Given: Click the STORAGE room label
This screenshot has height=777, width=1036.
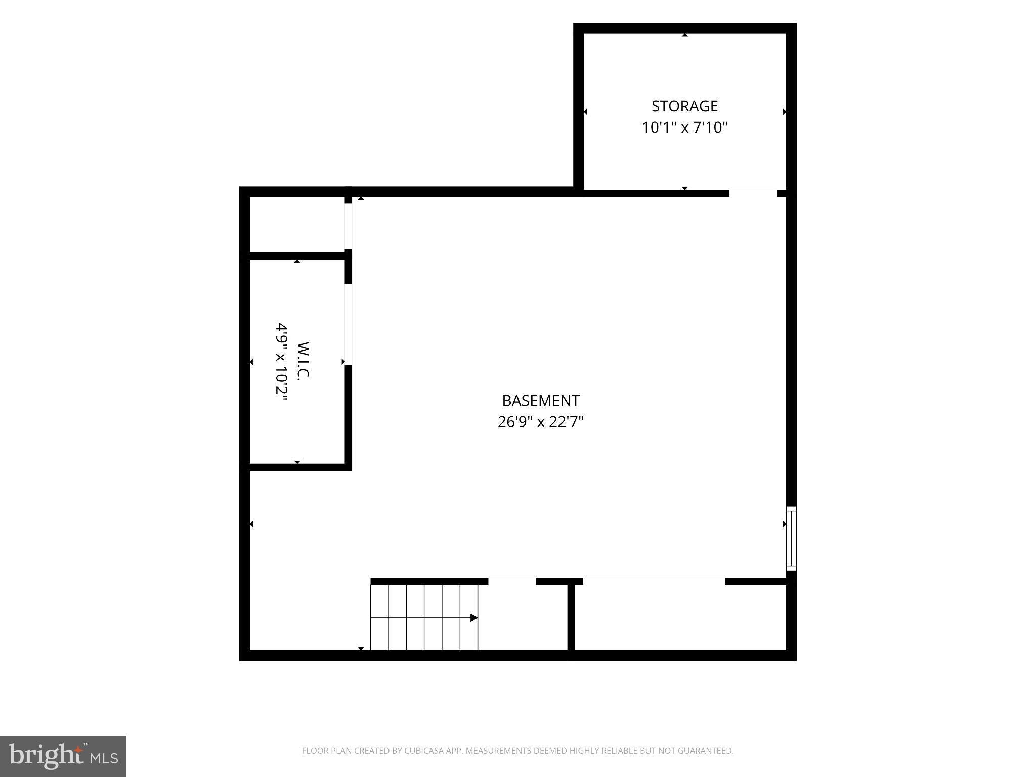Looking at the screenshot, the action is [684, 106].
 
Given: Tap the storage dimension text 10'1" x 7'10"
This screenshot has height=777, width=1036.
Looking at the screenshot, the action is [684, 127].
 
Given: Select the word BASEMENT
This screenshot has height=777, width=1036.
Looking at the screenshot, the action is [540, 400].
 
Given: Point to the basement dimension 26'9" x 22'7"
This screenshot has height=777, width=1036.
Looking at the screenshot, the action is [540, 421].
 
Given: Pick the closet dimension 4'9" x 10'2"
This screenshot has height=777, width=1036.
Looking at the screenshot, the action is [281, 362].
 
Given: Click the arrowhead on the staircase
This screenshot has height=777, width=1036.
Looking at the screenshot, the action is [474, 618].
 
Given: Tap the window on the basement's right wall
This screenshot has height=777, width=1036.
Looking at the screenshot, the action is [791, 539].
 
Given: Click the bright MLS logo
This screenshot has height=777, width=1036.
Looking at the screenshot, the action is [63, 756].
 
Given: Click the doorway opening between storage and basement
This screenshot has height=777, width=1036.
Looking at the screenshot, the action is [753, 193].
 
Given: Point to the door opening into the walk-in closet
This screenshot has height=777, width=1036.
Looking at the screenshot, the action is [348, 324].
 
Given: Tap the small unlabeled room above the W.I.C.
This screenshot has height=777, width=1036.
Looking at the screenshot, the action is [297, 224].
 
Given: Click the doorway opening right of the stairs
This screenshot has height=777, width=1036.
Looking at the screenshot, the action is [512, 581].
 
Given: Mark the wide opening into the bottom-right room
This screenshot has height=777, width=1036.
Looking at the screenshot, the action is [654, 581].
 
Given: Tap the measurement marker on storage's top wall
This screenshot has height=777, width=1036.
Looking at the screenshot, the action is [685, 35].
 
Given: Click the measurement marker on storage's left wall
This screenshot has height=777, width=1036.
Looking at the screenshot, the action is [585, 112].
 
